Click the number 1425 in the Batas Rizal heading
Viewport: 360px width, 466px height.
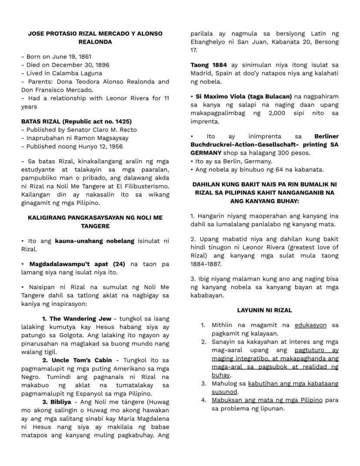(123, 121)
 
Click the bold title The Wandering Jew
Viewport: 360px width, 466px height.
(80, 319)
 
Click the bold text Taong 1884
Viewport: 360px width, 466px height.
(207, 65)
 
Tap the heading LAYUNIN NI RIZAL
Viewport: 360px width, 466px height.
(264, 310)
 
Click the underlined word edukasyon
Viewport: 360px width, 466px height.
(310, 325)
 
